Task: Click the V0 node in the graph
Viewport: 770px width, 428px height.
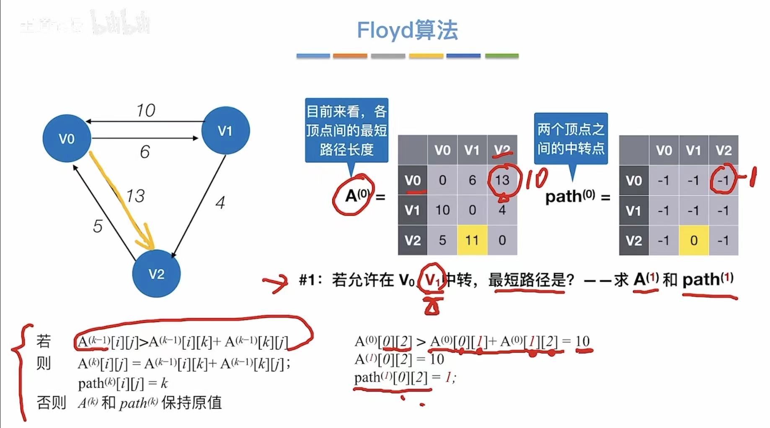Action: click(67, 138)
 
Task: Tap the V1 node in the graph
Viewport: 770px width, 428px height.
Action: click(225, 130)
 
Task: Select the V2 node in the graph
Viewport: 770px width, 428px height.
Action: click(156, 274)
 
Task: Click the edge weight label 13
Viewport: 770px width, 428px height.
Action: click(135, 196)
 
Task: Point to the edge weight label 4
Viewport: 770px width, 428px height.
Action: click(220, 203)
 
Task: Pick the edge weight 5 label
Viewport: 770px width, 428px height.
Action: click(98, 226)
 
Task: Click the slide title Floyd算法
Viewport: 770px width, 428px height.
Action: click(407, 30)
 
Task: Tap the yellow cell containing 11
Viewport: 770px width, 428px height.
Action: click(472, 240)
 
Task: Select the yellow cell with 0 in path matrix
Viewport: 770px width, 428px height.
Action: click(694, 240)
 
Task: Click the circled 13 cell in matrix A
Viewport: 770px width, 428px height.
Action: click(502, 180)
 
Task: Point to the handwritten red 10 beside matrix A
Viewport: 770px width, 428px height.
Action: click(537, 179)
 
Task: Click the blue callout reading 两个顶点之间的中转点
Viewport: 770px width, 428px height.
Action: click(571, 139)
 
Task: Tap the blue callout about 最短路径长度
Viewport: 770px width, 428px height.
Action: click(346, 130)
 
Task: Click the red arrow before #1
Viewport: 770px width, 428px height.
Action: click(275, 283)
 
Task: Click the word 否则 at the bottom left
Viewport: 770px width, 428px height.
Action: click(51, 403)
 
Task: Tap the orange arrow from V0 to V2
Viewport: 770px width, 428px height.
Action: click(121, 201)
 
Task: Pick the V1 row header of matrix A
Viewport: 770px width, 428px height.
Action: click(412, 210)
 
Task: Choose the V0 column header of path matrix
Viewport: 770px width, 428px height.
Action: click(664, 150)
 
